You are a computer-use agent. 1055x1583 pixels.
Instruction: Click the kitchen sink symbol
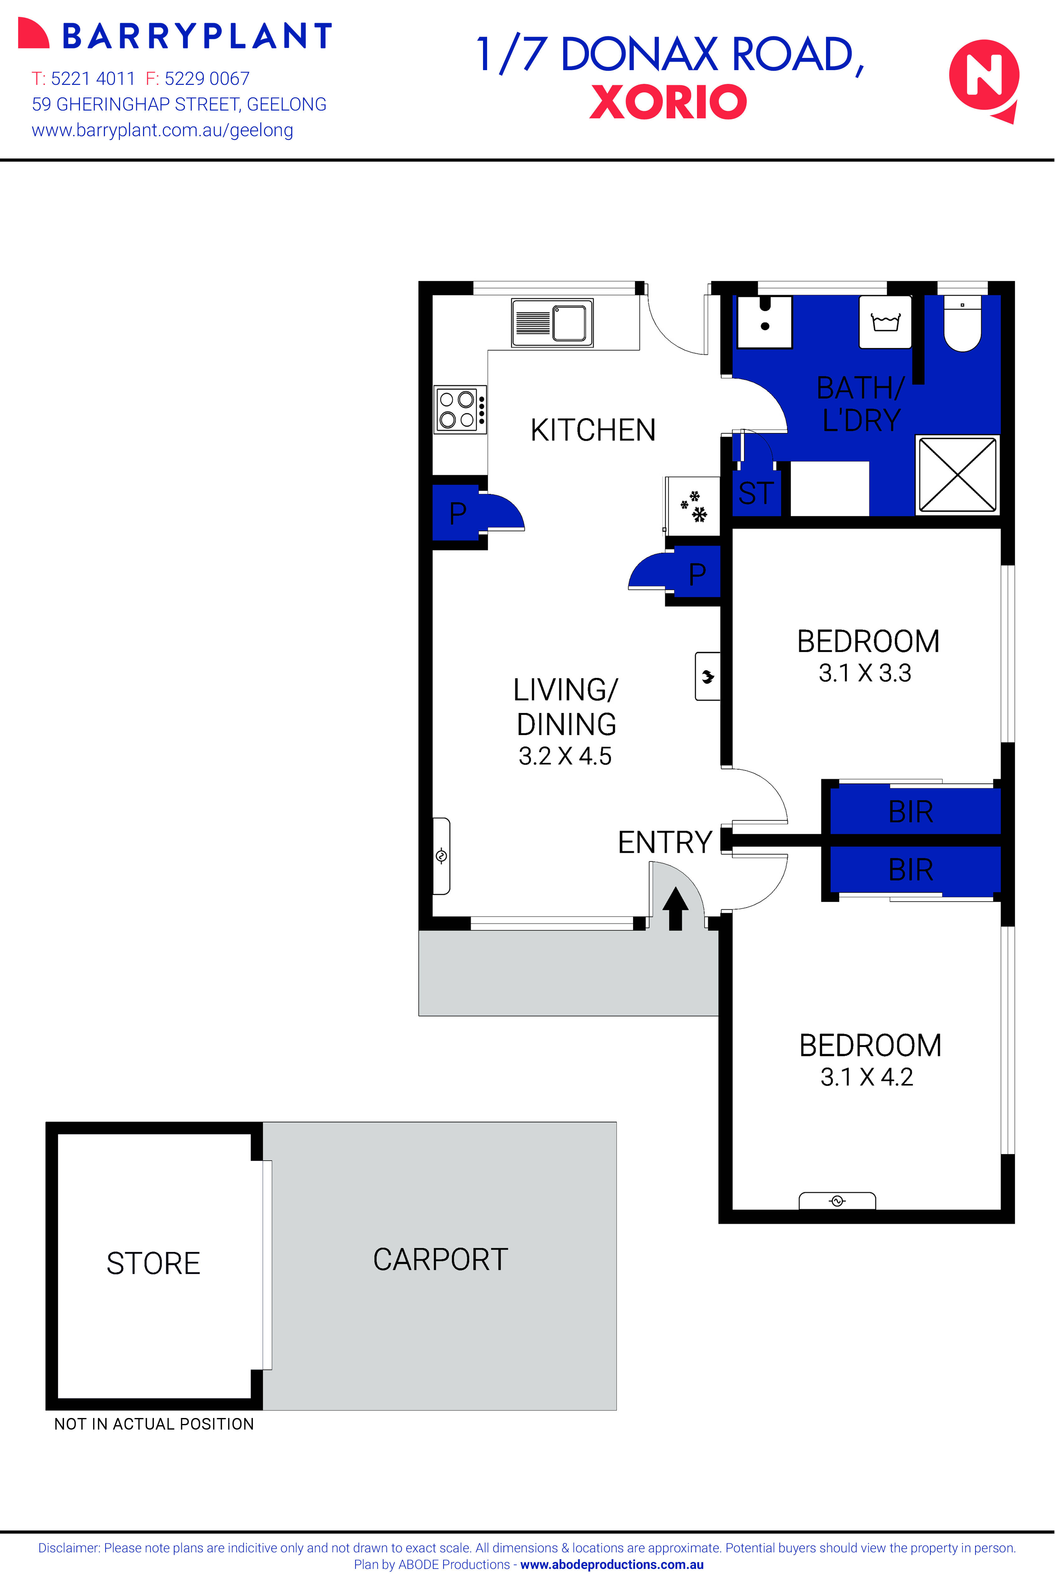click(x=552, y=323)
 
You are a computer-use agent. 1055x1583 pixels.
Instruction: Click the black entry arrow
click(x=676, y=908)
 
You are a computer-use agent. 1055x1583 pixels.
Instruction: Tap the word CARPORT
click(x=441, y=1260)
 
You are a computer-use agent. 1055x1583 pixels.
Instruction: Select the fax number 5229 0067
click(x=206, y=79)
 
